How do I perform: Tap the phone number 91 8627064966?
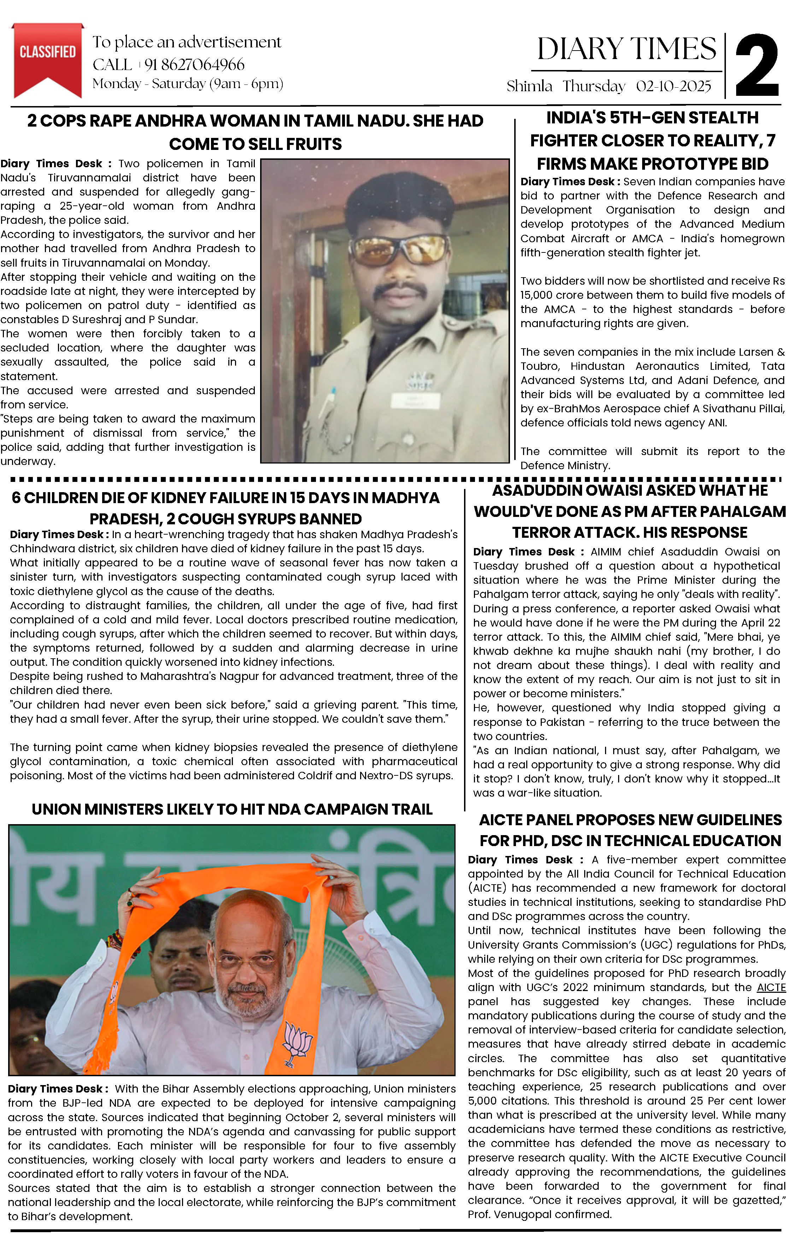tap(194, 64)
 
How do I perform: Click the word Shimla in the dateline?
tap(529, 86)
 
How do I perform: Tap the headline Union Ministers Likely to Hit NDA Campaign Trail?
tap(232, 810)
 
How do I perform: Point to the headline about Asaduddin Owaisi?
tap(630, 511)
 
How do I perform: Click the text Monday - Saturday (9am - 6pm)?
tap(188, 83)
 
